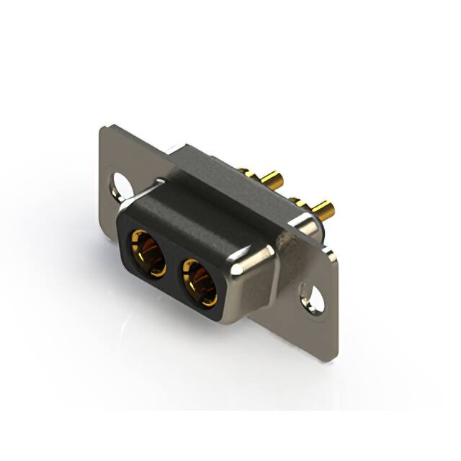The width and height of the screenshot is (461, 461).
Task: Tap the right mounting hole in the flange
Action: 313,296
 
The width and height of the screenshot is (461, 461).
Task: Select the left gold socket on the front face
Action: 147,254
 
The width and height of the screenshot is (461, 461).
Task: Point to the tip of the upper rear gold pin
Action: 279,179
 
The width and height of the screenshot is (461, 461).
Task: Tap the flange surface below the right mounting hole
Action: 317,324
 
